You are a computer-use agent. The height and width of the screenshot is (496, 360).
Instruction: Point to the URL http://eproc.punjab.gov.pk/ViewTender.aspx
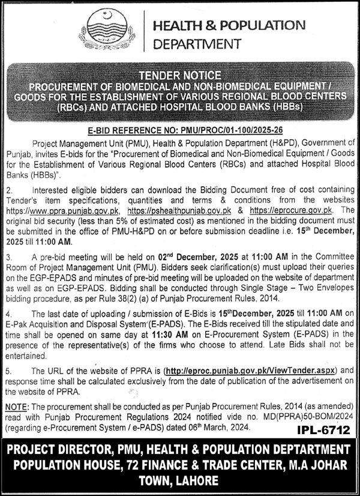(x=254, y=370)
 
